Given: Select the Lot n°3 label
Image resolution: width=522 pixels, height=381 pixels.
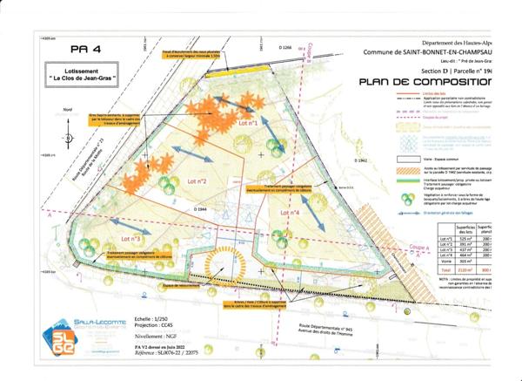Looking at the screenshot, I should point(132,238).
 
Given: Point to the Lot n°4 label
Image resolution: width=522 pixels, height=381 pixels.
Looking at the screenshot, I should point(314,212).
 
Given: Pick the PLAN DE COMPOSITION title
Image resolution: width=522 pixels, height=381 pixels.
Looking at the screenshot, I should point(425,82).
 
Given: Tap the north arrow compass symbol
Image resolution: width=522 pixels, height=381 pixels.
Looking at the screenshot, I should point(67,138).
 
